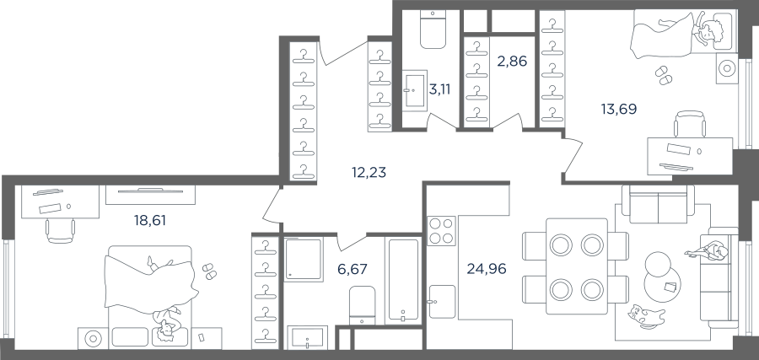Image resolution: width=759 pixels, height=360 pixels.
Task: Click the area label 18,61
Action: (x=150, y=221)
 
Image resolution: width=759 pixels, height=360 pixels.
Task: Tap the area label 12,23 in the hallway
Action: (x=369, y=172)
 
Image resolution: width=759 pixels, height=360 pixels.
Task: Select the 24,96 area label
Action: (x=487, y=268)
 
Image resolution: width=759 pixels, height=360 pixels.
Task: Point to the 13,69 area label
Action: (x=619, y=109)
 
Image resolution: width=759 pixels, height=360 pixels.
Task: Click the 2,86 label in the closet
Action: (x=512, y=62)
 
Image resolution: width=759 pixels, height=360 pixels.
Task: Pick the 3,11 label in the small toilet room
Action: (x=439, y=89)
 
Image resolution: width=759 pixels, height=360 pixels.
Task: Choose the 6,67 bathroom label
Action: (x=353, y=269)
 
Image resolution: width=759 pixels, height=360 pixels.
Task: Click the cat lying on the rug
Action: (x=646, y=316)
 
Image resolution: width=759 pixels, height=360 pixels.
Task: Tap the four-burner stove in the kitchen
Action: (x=441, y=230)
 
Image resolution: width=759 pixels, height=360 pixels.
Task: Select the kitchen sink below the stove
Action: (x=442, y=302)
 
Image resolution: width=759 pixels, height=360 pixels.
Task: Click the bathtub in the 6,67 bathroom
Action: (x=403, y=280)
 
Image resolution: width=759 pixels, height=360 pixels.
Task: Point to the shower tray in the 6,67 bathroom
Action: (x=303, y=259)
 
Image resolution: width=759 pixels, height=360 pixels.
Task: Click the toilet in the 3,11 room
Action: (x=433, y=30)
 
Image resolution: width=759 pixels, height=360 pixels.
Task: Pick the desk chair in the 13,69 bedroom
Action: (x=690, y=124)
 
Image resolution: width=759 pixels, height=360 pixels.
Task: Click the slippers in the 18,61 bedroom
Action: (x=209, y=271)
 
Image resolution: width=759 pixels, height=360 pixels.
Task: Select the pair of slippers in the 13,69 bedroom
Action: (x=663, y=76)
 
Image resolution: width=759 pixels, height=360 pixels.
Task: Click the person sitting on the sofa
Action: (x=707, y=251)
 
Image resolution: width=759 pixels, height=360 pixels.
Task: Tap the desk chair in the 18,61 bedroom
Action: (x=60, y=230)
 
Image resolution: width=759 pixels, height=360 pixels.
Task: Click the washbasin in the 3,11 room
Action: (x=414, y=90)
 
